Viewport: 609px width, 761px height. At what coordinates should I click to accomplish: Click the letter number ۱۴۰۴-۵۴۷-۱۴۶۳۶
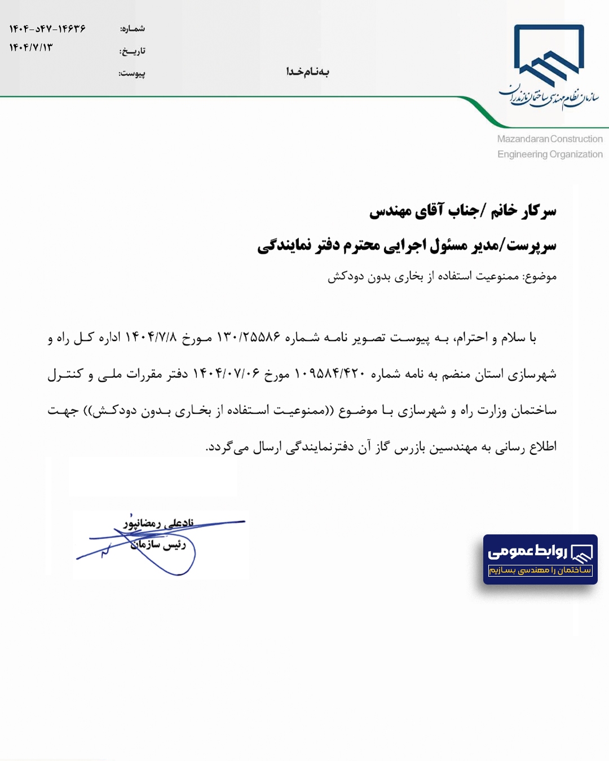[x=47, y=29]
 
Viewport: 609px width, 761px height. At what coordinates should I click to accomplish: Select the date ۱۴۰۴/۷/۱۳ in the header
[x=31, y=48]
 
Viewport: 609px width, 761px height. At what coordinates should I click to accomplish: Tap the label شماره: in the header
[x=133, y=29]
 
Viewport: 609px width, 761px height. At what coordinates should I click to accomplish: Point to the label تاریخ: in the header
[x=133, y=51]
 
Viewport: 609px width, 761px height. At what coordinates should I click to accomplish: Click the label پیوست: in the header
[x=132, y=73]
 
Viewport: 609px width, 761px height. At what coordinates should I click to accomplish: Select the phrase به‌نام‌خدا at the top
[x=307, y=72]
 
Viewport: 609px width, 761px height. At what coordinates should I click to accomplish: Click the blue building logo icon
[x=549, y=56]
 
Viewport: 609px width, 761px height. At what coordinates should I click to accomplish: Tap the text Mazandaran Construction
[x=550, y=139]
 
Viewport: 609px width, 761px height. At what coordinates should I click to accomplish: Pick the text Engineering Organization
[x=550, y=154]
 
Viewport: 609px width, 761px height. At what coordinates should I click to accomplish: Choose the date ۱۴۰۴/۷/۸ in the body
[x=151, y=338]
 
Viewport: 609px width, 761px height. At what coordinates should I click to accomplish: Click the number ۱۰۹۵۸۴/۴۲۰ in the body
[x=330, y=374]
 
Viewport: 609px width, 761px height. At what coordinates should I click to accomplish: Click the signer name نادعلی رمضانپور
[x=159, y=523]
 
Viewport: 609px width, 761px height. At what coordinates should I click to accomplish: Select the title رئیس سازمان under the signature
[x=158, y=545]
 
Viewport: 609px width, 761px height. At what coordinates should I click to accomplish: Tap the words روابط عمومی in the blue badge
[x=527, y=551]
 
